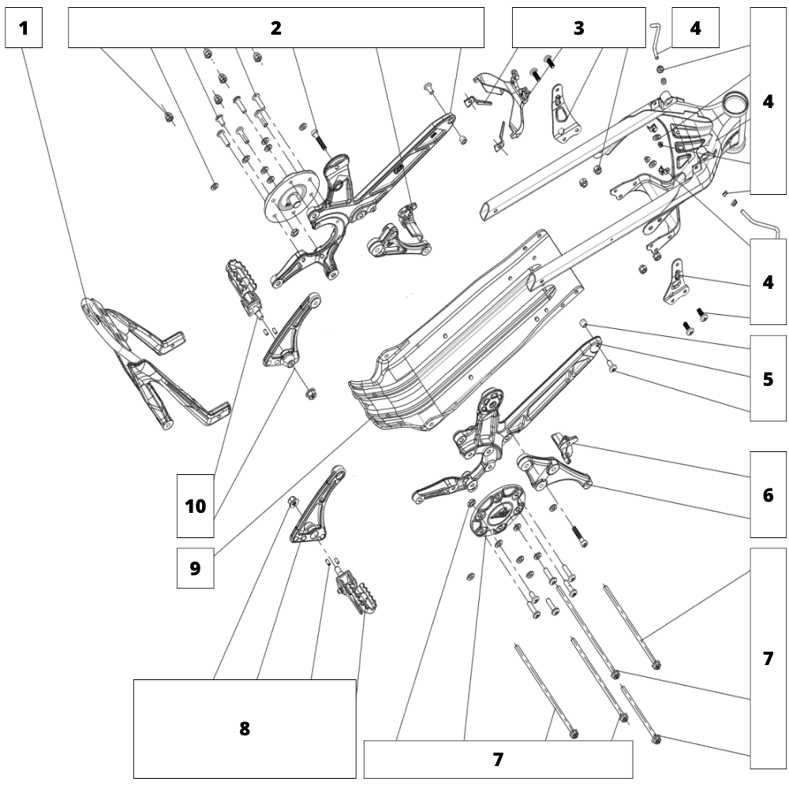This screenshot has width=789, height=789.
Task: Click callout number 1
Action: [x=23, y=28]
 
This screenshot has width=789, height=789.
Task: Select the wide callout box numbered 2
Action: [x=275, y=28]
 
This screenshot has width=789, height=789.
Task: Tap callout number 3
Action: [x=578, y=28]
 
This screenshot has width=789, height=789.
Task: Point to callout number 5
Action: [x=768, y=379]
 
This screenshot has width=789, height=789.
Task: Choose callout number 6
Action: [x=768, y=495]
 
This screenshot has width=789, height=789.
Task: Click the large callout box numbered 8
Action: [x=245, y=728]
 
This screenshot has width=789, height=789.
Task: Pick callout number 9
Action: [x=195, y=568]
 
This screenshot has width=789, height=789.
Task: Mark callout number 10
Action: [x=195, y=506]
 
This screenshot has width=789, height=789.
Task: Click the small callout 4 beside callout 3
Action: [x=694, y=28]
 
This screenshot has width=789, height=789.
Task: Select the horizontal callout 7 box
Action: [x=498, y=759]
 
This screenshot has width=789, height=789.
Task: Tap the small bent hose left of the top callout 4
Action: [x=654, y=39]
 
